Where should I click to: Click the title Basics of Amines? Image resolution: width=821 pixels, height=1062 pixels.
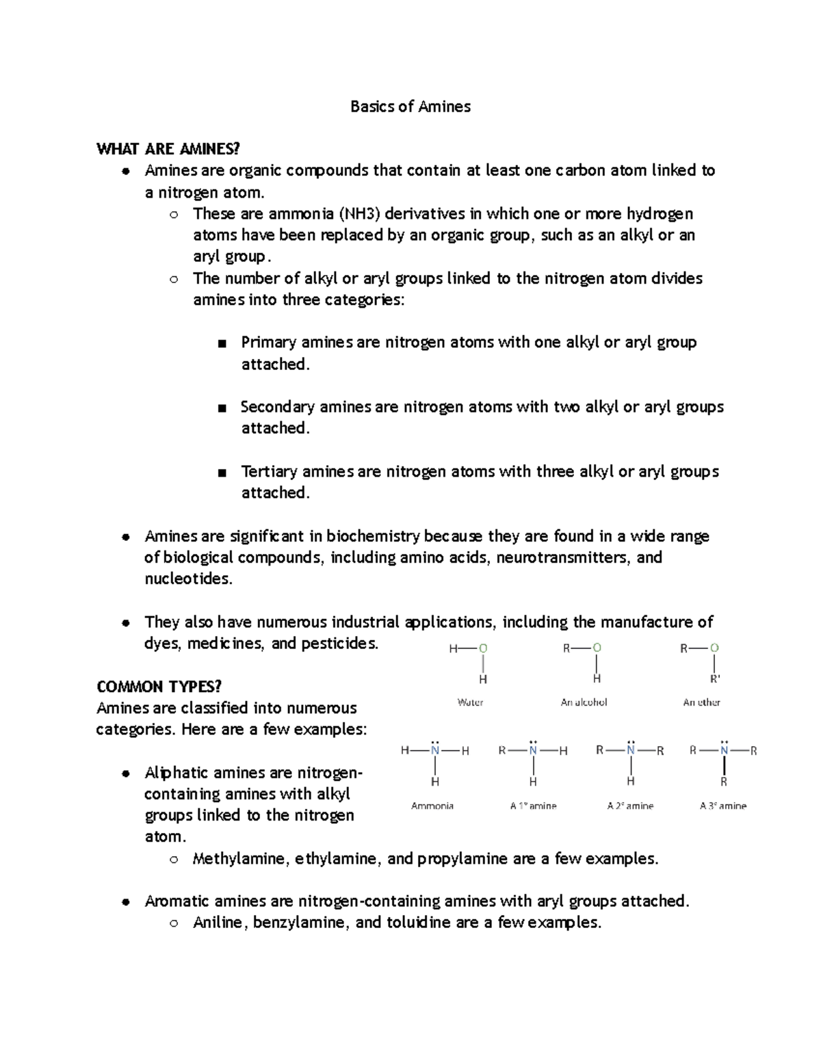tap(410, 107)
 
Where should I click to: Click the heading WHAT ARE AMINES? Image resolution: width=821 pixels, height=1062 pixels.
tap(168, 149)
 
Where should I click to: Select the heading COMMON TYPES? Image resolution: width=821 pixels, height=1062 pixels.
tap(159, 687)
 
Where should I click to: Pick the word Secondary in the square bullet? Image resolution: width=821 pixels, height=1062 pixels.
tap(277, 407)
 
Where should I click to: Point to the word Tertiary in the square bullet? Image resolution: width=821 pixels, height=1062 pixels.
tap(269, 472)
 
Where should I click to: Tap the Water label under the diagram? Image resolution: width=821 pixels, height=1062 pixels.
tap(470, 702)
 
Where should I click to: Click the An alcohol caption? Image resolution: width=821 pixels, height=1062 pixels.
tap(584, 702)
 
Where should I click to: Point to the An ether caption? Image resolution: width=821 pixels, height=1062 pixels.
tap(701, 702)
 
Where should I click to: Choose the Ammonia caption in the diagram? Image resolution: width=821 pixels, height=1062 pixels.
tap(432, 806)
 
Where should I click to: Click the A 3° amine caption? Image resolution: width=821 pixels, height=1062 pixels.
tap(723, 806)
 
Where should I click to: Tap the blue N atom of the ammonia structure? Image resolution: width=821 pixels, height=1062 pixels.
tap(435, 751)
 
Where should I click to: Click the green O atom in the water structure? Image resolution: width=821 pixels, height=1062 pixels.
tap(483, 648)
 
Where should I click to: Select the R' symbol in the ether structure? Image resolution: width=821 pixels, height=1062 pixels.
tap(715, 679)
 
